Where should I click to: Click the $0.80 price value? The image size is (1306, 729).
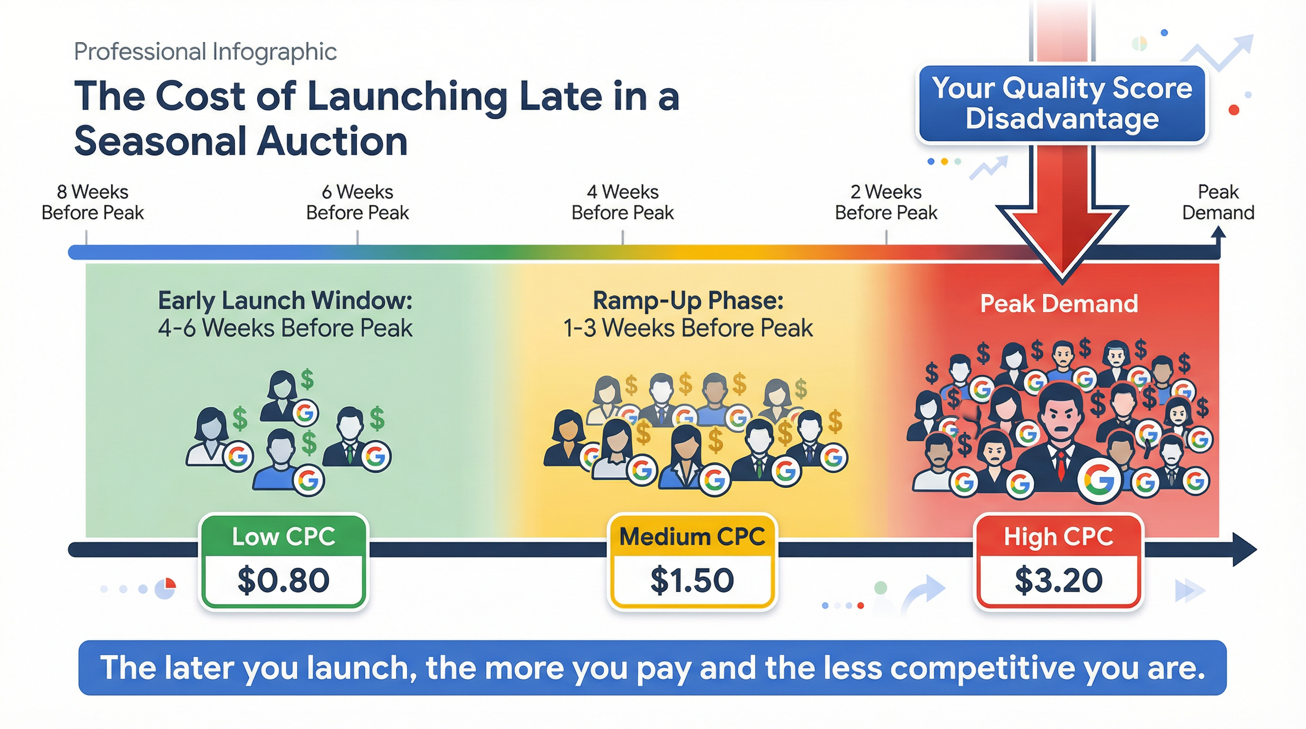[283, 580]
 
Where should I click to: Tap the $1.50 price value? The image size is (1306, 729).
[692, 580]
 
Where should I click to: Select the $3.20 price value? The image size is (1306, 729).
[1059, 580]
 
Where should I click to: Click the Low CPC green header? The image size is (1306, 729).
[283, 537]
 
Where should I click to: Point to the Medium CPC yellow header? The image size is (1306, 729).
[692, 537]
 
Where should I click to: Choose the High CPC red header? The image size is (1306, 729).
[1059, 537]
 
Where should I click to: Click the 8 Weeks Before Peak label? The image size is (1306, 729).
[93, 202]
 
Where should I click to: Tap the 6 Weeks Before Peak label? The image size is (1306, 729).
[357, 202]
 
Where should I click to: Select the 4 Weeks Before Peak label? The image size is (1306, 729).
[623, 202]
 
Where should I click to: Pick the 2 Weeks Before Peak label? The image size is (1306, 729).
[886, 202]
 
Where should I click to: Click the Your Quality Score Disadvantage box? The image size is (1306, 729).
[1062, 104]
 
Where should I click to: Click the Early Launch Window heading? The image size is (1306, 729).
[285, 301]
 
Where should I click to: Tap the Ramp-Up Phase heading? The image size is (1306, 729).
[688, 301]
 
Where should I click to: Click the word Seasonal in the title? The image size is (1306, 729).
[161, 141]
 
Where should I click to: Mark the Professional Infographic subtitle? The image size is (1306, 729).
[205, 52]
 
